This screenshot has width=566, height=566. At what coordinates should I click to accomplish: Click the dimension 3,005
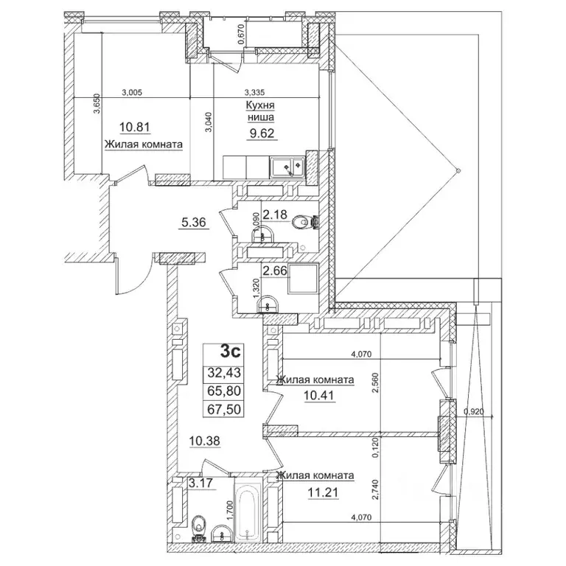131,92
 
